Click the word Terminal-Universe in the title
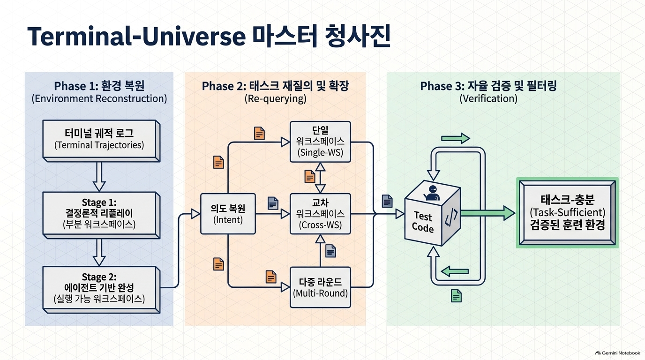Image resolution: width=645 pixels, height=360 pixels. (136, 36)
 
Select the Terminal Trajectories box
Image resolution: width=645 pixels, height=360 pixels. (101, 141)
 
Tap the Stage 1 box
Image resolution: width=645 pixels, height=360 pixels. (101, 215)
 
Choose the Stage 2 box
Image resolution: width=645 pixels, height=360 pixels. (101, 289)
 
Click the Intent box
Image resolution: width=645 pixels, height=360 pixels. (228, 214)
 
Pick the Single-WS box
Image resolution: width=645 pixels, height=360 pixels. (320, 142)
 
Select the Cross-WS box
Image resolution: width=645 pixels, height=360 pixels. (320, 214)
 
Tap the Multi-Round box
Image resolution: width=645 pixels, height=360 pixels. (320, 287)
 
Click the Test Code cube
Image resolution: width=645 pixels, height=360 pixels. (432, 213)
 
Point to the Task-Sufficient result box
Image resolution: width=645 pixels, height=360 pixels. (567, 212)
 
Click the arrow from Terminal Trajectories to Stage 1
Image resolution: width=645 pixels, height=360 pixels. (99, 177)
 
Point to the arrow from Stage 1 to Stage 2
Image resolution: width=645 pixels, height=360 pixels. (99, 252)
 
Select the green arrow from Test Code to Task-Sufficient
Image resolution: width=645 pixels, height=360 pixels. (488, 213)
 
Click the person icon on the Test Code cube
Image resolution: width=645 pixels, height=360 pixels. (432, 193)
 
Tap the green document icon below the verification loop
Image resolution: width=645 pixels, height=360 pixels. (456, 296)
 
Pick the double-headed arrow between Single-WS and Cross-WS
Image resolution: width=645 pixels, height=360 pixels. (320, 178)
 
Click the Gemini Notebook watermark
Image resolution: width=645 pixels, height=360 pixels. (618, 353)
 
